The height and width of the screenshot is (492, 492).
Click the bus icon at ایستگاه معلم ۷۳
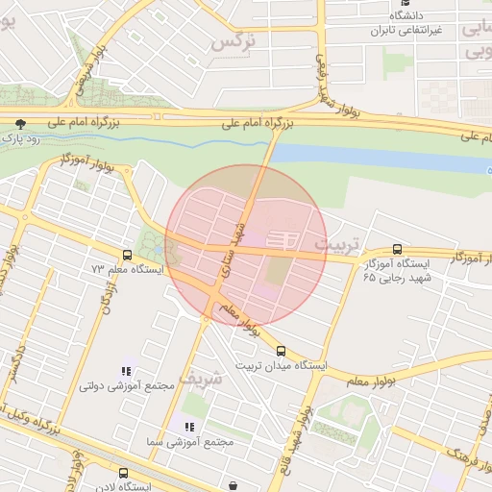pyautogui.click(x=127, y=256)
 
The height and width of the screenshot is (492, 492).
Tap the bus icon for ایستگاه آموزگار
pyautogui.click(x=398, y=249)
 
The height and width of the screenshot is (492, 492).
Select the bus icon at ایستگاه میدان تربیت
pyautogui.click(x=281, y=351)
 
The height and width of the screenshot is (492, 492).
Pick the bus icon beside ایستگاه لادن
pyautogui.click(x=123, y=473)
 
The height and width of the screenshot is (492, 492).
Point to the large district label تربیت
pyautogui.click(x=336, y=241)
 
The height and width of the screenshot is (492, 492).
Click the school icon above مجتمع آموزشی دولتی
pyautogui.click(x=125, y=371)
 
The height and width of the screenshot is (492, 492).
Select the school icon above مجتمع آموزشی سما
pyautogui.click(x=188, y=426)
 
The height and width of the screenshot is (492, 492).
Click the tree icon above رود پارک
pyautogui.click(x=21, y=123)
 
